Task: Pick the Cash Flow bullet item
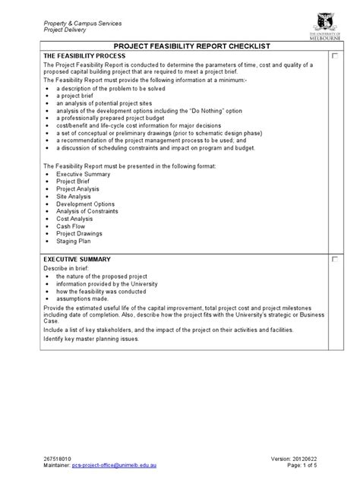click(x=71, y=226)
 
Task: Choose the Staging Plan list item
click(x=74, y=241)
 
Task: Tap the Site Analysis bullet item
click(x=74, y=197)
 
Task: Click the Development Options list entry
click(x=85, y=204)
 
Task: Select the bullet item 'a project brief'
click(x=77, y=96)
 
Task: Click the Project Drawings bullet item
click(x=78, y=234)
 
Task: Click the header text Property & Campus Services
click(x=84, y=22)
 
